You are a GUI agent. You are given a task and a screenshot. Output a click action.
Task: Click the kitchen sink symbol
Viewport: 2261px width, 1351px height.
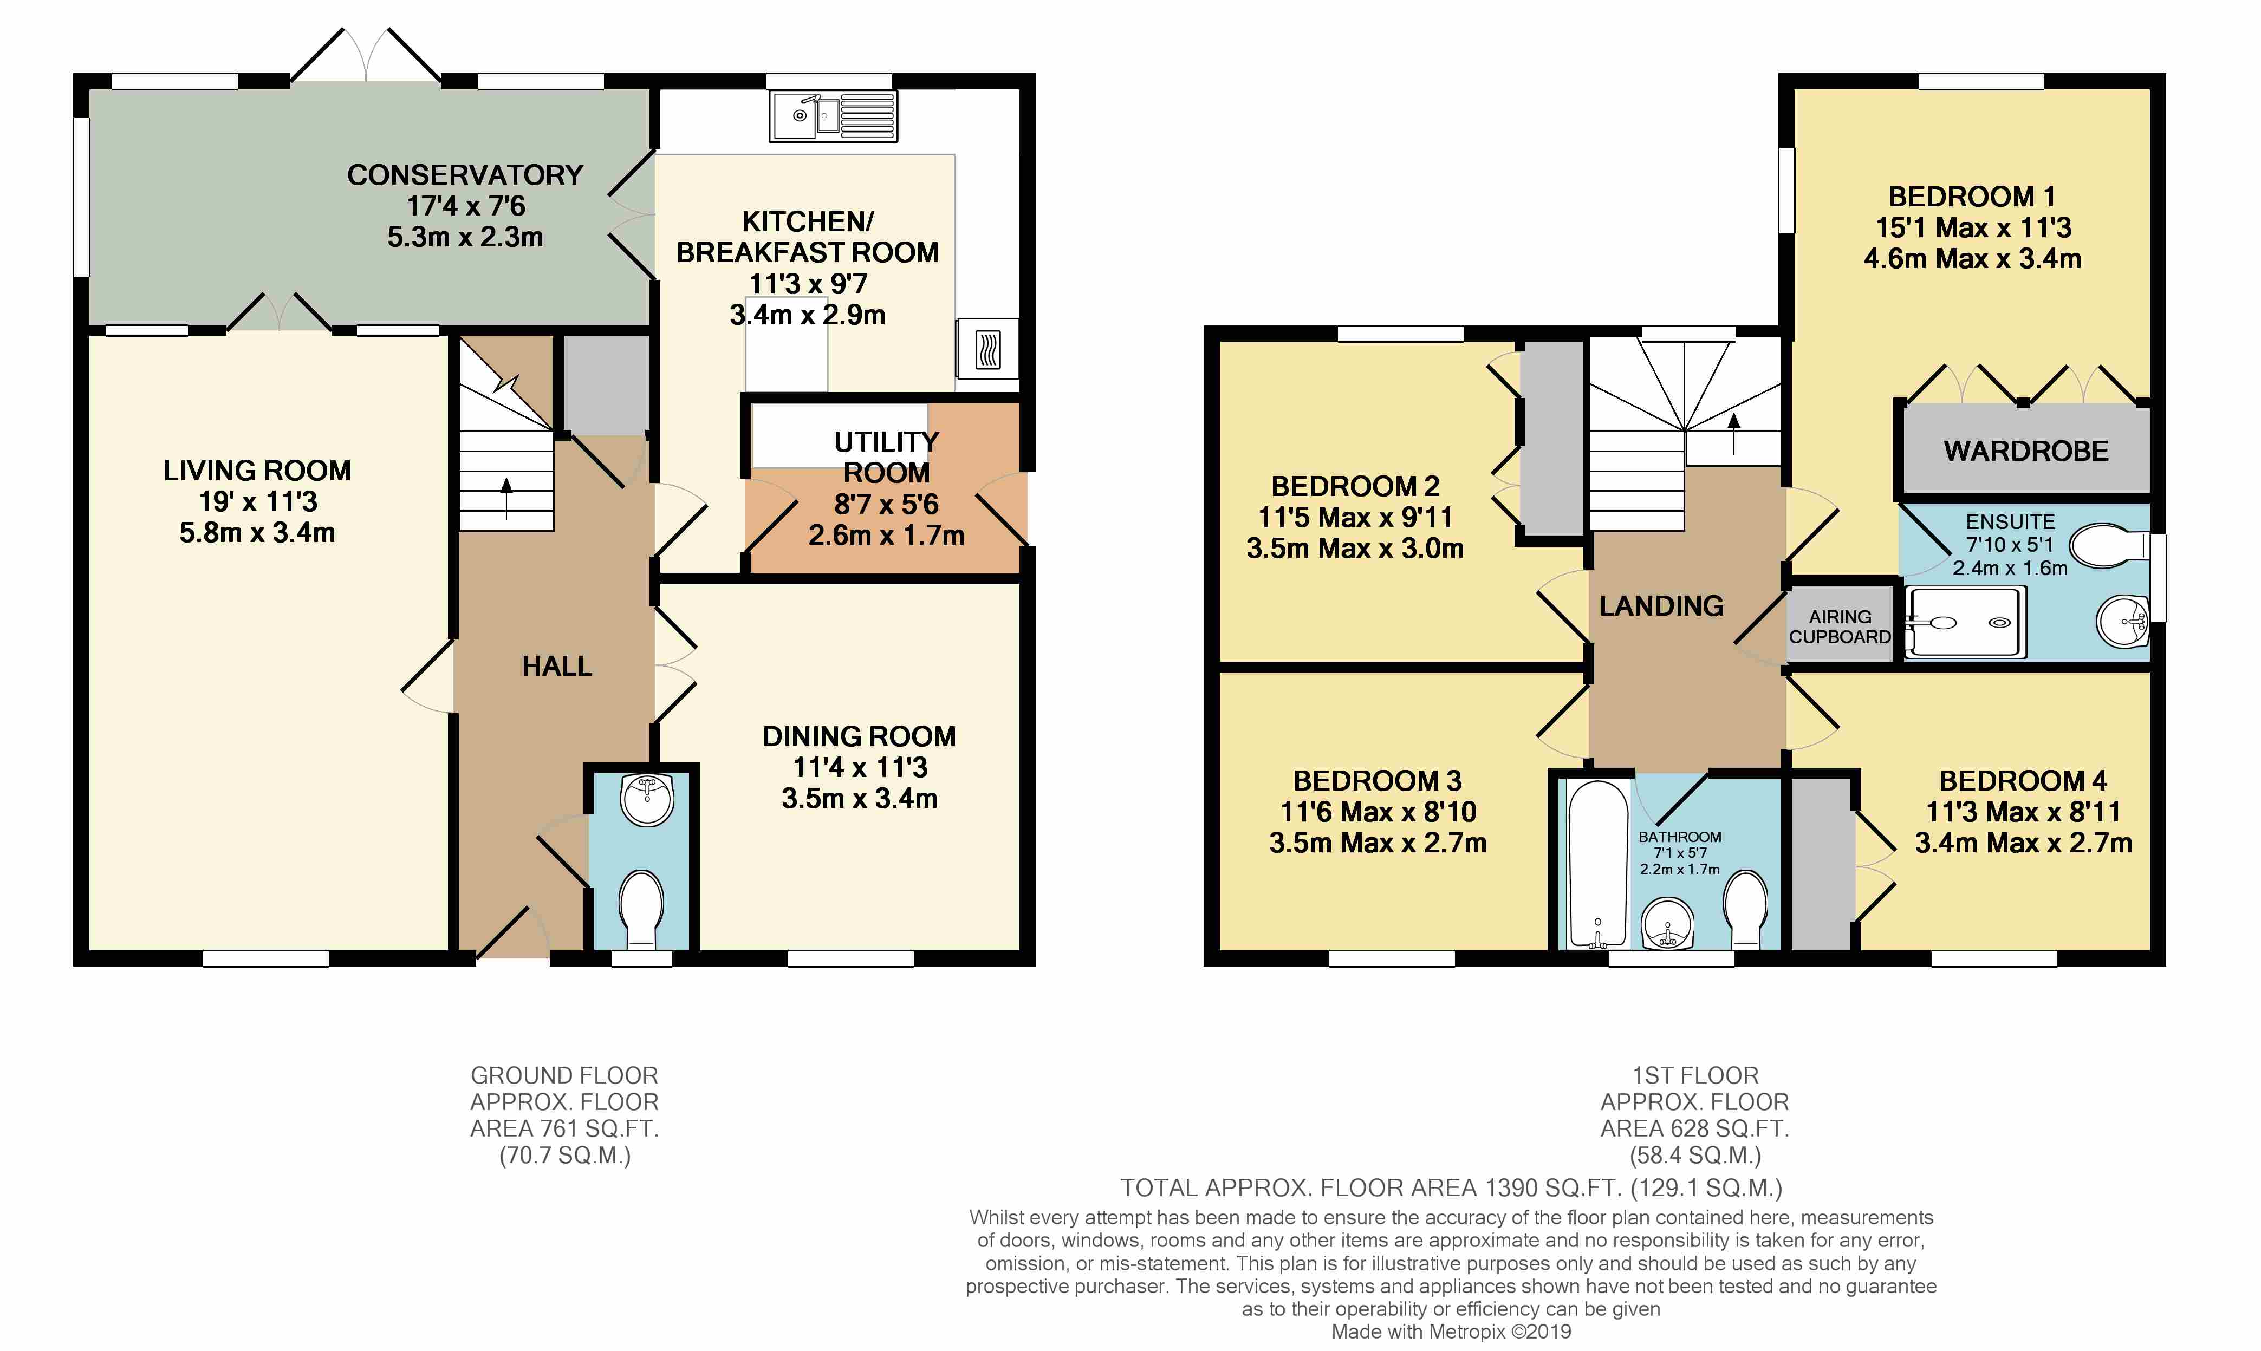[x=833, y=116]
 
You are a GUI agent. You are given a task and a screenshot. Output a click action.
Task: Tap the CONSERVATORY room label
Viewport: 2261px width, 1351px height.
[x=465, y=175]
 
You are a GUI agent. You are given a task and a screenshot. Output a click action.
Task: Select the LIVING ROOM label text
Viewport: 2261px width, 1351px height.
[x=257, y=471]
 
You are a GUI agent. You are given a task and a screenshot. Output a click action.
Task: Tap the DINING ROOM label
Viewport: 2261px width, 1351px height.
[x=859, y=736]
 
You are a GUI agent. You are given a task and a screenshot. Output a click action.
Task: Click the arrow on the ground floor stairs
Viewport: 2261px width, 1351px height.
[x=506, y=499]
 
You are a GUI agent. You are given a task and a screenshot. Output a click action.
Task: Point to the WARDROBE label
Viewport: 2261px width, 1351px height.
[x=2026, y=452]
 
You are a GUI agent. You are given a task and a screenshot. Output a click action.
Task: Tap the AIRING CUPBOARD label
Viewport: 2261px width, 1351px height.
[x=1840, y=627]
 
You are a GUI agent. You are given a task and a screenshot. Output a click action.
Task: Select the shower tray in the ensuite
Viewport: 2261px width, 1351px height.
[x=1965, y=622]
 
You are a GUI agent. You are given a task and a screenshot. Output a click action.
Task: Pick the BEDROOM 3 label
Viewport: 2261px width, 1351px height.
[x=1377, y=781]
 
